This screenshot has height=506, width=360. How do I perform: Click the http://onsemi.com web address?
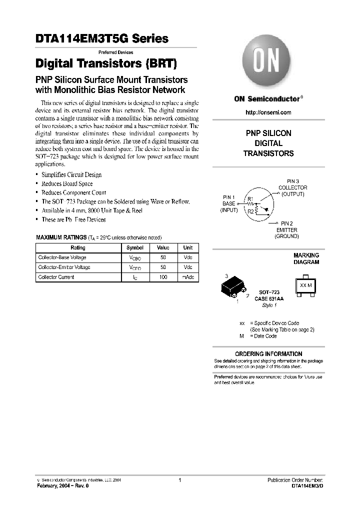pos(268,112)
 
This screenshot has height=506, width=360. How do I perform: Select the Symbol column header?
pos(135,248)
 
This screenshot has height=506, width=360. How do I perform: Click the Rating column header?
pos(78,248)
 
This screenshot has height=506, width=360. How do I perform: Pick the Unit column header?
pos(187,248)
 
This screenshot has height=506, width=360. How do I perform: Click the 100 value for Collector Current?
pos(163,277)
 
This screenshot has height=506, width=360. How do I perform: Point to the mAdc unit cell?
pos(187,277)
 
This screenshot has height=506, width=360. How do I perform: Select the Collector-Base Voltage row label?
pos(62,257)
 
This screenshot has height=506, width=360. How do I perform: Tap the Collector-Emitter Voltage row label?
pos(64,267)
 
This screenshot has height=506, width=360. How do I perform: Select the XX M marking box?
pos(305,285)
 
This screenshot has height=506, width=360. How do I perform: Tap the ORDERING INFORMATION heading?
pos(268,354)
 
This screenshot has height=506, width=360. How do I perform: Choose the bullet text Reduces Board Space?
pos(67,183)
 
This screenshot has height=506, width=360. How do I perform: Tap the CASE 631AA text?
pos(269,298)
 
